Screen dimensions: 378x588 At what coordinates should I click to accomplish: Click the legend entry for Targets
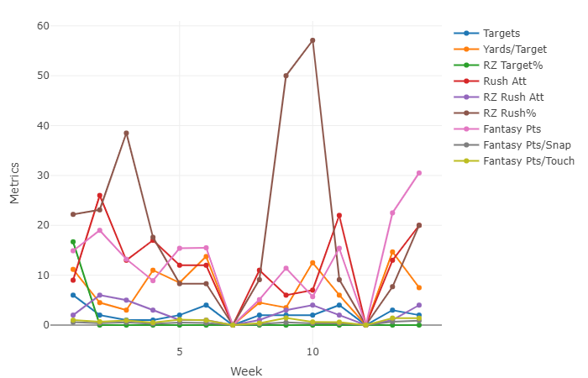pyautogui.click(x=501, y=33)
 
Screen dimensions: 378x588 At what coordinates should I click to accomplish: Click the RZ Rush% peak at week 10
pyautogui.click(x=312, y=40)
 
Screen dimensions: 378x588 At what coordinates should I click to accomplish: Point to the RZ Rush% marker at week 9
pyautogui.click(x=286, y=76)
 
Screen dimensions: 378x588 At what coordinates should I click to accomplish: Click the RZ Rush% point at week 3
pyautogui.click(x=126, y=133)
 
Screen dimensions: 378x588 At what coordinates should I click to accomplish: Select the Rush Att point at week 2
pyautogui.click(x=100, y=196)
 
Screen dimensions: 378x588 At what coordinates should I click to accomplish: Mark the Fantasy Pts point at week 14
pyautogui.click(x=419, y=173)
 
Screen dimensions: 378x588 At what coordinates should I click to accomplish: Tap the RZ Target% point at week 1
pyautogui.click(x=73, y=242)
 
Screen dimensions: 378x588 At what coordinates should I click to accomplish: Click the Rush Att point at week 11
pyautogui.click(x=339, y=216)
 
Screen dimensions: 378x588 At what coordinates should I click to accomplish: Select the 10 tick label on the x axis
pyautogui.click(x=312, y=350)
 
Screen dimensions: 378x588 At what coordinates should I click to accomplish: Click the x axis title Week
pyautogui.click(x=246, y=370)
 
